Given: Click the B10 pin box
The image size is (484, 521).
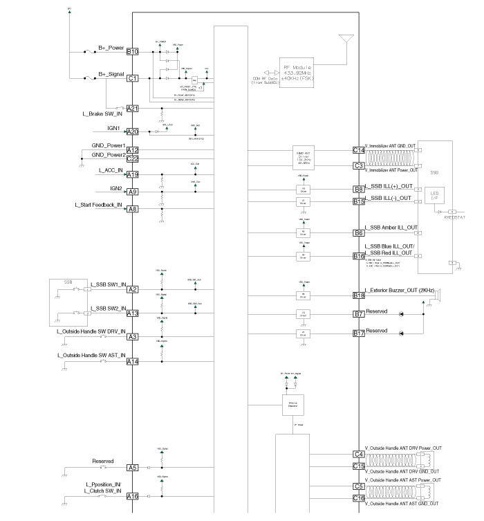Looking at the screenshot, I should coord(132,52).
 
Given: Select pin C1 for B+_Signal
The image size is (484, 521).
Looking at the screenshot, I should coord(132,79).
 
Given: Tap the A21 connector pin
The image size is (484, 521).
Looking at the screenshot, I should coord(132,109).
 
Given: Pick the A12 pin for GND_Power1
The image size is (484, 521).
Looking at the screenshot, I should coord(132,150).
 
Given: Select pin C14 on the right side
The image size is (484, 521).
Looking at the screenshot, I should coord(359,150).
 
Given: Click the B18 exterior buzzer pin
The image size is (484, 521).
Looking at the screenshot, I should coord(359,295).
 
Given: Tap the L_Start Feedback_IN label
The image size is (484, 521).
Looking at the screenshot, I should coord(98,205).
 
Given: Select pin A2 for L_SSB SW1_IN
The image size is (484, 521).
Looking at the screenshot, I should coord(132,289).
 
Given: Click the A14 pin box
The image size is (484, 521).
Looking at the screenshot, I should coord(132,362).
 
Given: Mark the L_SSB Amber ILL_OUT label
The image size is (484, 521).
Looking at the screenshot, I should coord(391,228).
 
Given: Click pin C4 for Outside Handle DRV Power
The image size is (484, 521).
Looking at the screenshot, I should coord(359,454).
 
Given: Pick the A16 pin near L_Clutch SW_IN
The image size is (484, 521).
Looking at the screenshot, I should coord(132,496).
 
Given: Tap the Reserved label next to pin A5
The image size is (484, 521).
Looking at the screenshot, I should coord(103,461).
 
